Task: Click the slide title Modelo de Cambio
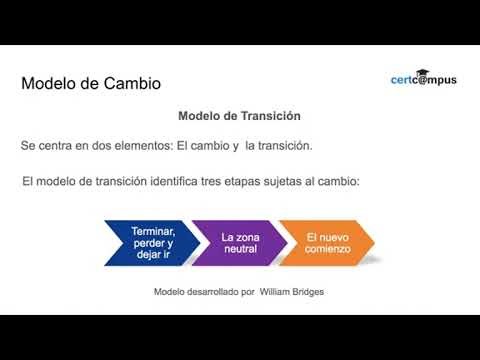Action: [91, 83]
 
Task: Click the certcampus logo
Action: [423, 78]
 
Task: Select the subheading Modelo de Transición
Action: [239, 116]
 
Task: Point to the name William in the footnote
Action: [278, 292]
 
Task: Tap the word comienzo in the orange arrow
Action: [329, 250]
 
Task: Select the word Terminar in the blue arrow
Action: [152, 231]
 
